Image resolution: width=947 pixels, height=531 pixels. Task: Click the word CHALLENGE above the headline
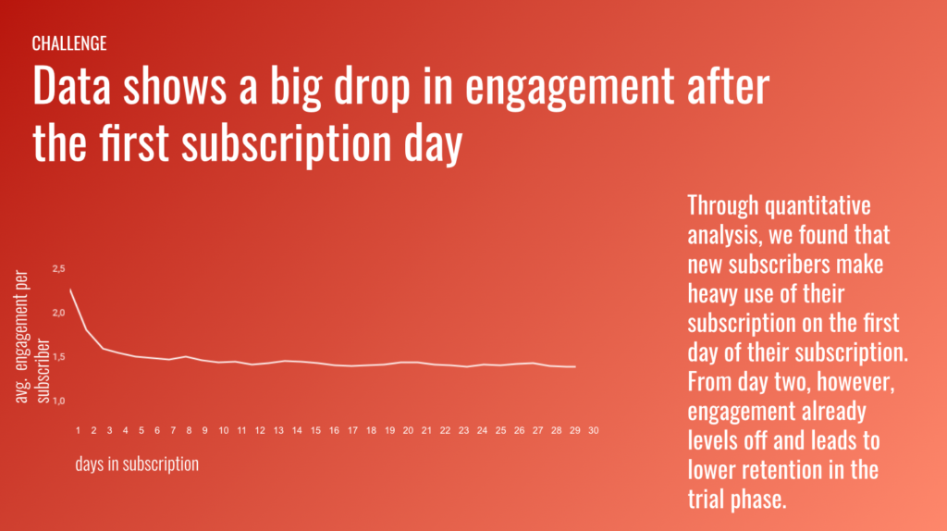[68, 43]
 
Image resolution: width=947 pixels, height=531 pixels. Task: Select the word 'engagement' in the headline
[567, 88]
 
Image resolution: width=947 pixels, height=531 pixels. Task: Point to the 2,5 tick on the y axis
[59, 268]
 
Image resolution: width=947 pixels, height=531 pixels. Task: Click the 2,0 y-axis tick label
[59, 313]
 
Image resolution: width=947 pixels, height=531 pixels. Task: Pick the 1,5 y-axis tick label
[59, 356]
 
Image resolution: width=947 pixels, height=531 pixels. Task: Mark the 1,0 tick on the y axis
[59, 401]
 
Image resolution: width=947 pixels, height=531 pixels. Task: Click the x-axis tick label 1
[79, 430]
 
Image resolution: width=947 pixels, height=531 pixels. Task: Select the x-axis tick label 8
[189, 430]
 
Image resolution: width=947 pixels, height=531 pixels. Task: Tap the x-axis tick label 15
[315, 430]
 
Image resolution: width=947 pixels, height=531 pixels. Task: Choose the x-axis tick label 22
[446, 430]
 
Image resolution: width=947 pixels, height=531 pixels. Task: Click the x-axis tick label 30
[594, 430]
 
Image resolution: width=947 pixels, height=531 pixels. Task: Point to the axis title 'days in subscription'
[137, 463]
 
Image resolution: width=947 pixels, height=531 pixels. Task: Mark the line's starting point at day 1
[70, 290]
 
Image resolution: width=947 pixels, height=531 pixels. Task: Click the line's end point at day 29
[575, 366]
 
